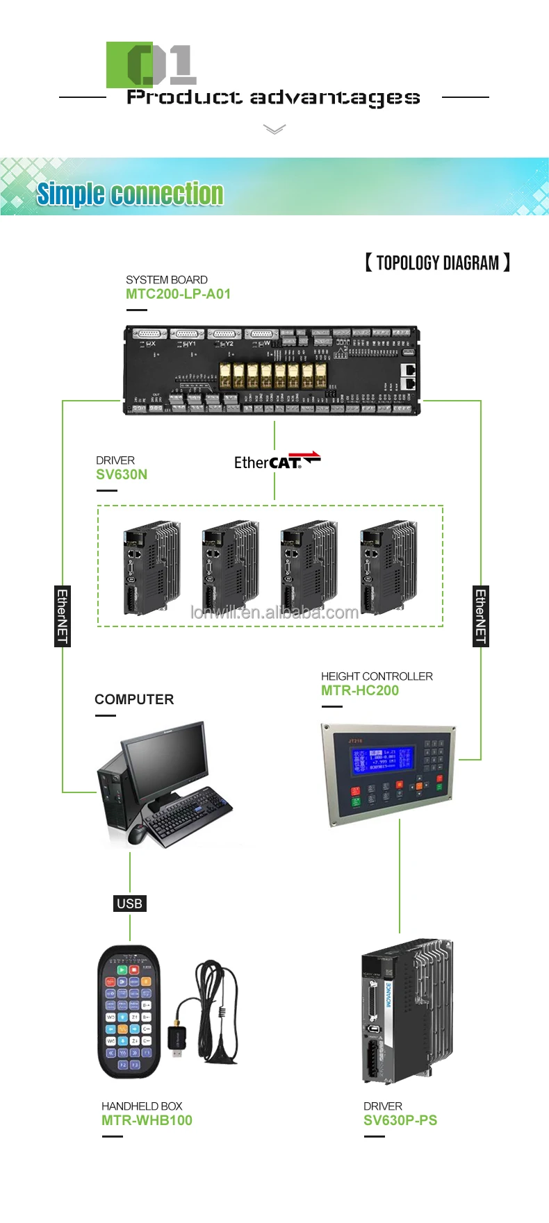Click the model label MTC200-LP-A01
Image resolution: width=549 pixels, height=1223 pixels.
(178, 294)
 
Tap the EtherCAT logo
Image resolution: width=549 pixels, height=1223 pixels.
(277, 461)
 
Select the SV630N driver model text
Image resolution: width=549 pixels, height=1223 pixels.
(122, 474)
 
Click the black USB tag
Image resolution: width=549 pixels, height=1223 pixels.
(130, 903)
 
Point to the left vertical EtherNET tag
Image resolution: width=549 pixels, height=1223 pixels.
(63, 616)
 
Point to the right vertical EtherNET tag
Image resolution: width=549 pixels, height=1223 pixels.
(480, 616)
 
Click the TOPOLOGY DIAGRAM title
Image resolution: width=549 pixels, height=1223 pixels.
(437, 263)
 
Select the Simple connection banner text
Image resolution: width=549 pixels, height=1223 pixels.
(130, 194)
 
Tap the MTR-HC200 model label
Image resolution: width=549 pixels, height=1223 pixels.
(360, 690)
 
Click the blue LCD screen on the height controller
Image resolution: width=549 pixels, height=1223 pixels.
(382, 760)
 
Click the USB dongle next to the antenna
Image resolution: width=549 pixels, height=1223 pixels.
(177, 1039)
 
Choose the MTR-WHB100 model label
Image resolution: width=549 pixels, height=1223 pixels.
(147, 1120)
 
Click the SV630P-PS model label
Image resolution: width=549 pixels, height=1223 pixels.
(400, 1120)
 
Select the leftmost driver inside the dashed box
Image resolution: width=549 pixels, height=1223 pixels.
(151, 567)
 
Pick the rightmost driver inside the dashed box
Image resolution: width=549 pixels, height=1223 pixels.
(388, 567)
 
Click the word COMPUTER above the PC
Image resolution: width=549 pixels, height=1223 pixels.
(134, 699)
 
